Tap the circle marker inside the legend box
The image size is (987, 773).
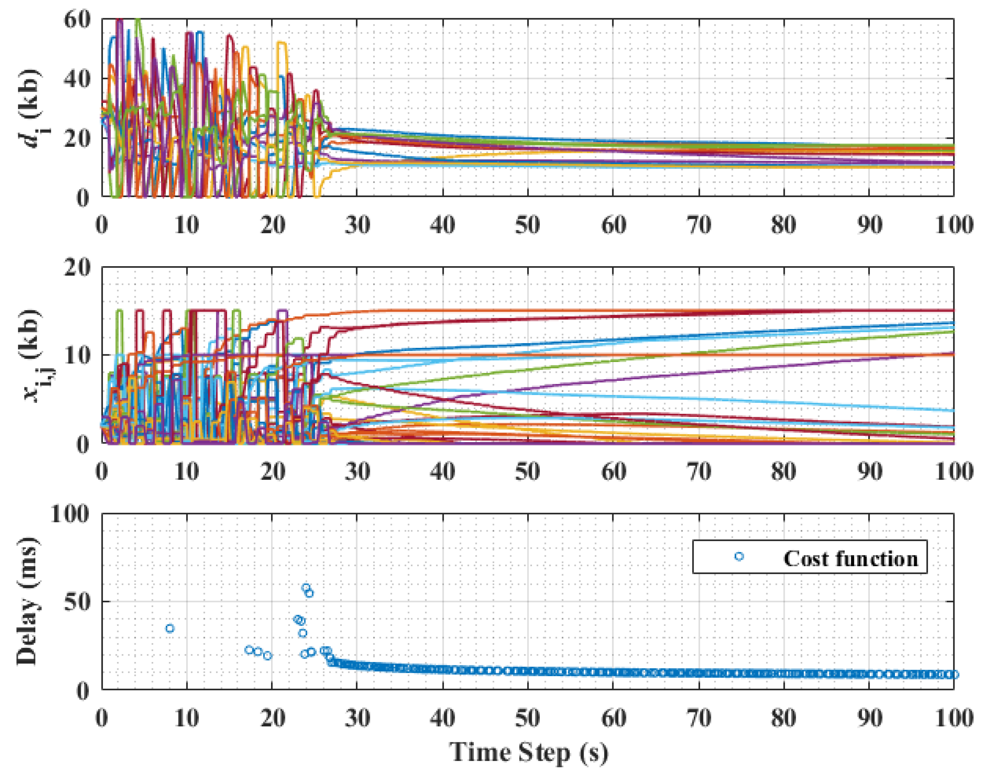(739, 557)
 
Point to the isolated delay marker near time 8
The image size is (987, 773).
(170, 628)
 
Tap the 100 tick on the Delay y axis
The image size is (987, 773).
(70, 514)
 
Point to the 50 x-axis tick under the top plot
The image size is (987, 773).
(528, 225)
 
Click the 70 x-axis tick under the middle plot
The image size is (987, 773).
(699, 472)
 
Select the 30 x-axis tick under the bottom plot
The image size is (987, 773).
(357, 719)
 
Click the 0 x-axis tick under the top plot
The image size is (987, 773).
(102, 225)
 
